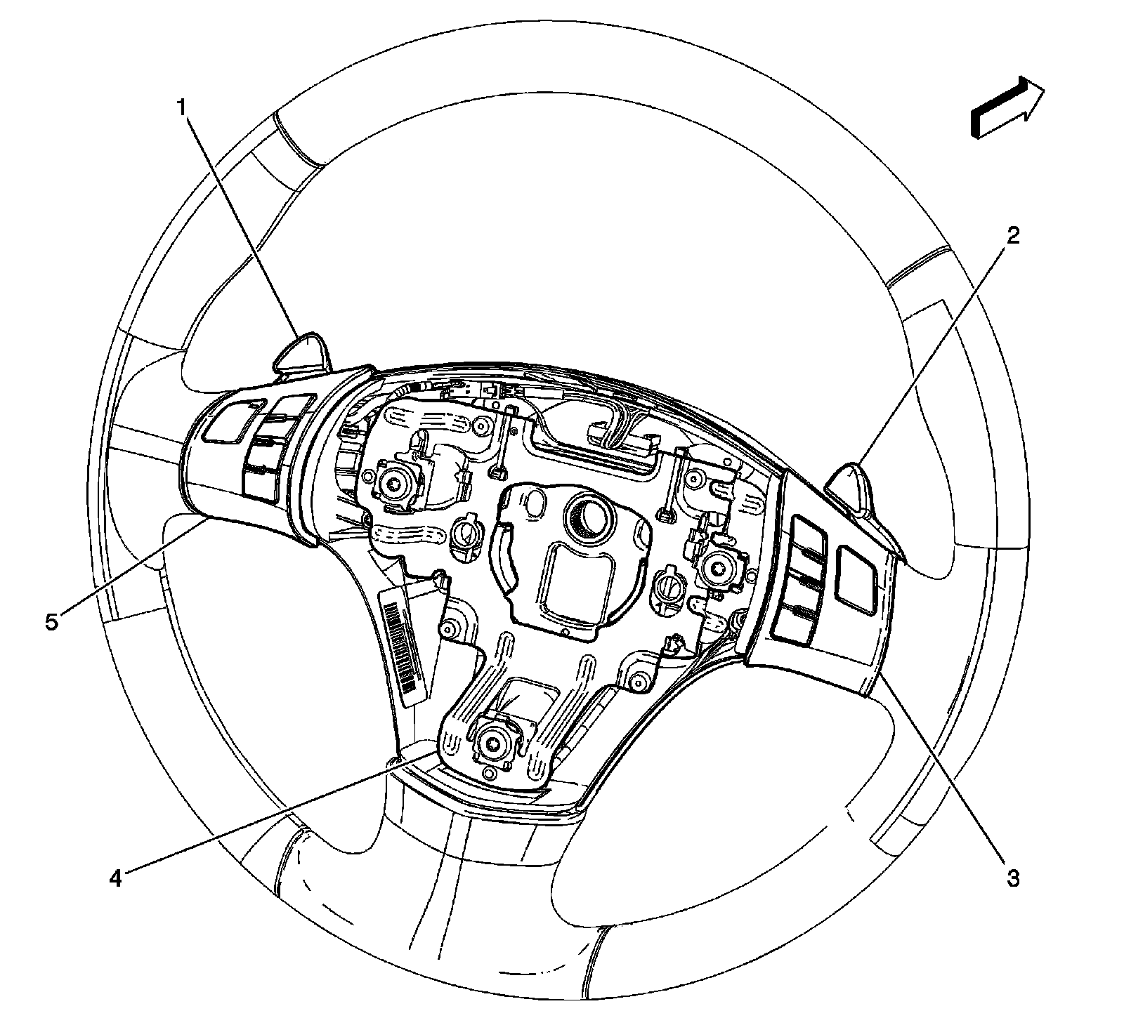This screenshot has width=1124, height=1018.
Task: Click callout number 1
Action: (x=181, y=108)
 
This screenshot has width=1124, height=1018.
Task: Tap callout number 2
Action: (x=1012, y=236)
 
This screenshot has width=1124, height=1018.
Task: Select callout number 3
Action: (x=1012, y=878)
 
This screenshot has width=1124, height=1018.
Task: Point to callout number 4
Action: (x=115, y=878)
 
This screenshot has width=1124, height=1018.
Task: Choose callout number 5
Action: (x=52, y=621)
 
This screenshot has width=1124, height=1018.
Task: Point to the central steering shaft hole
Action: (x=589, y=515)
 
